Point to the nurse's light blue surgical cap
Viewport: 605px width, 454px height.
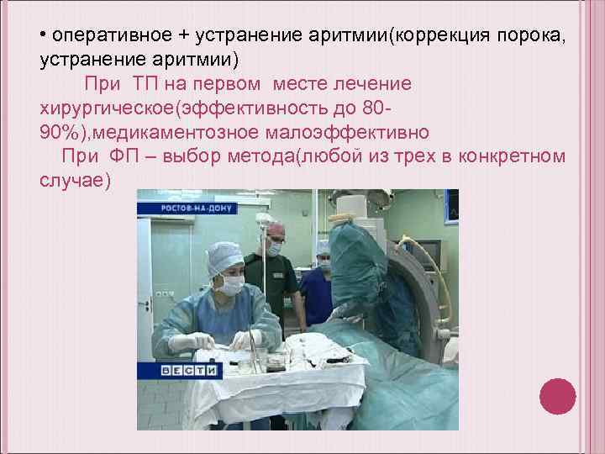(224, 254)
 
